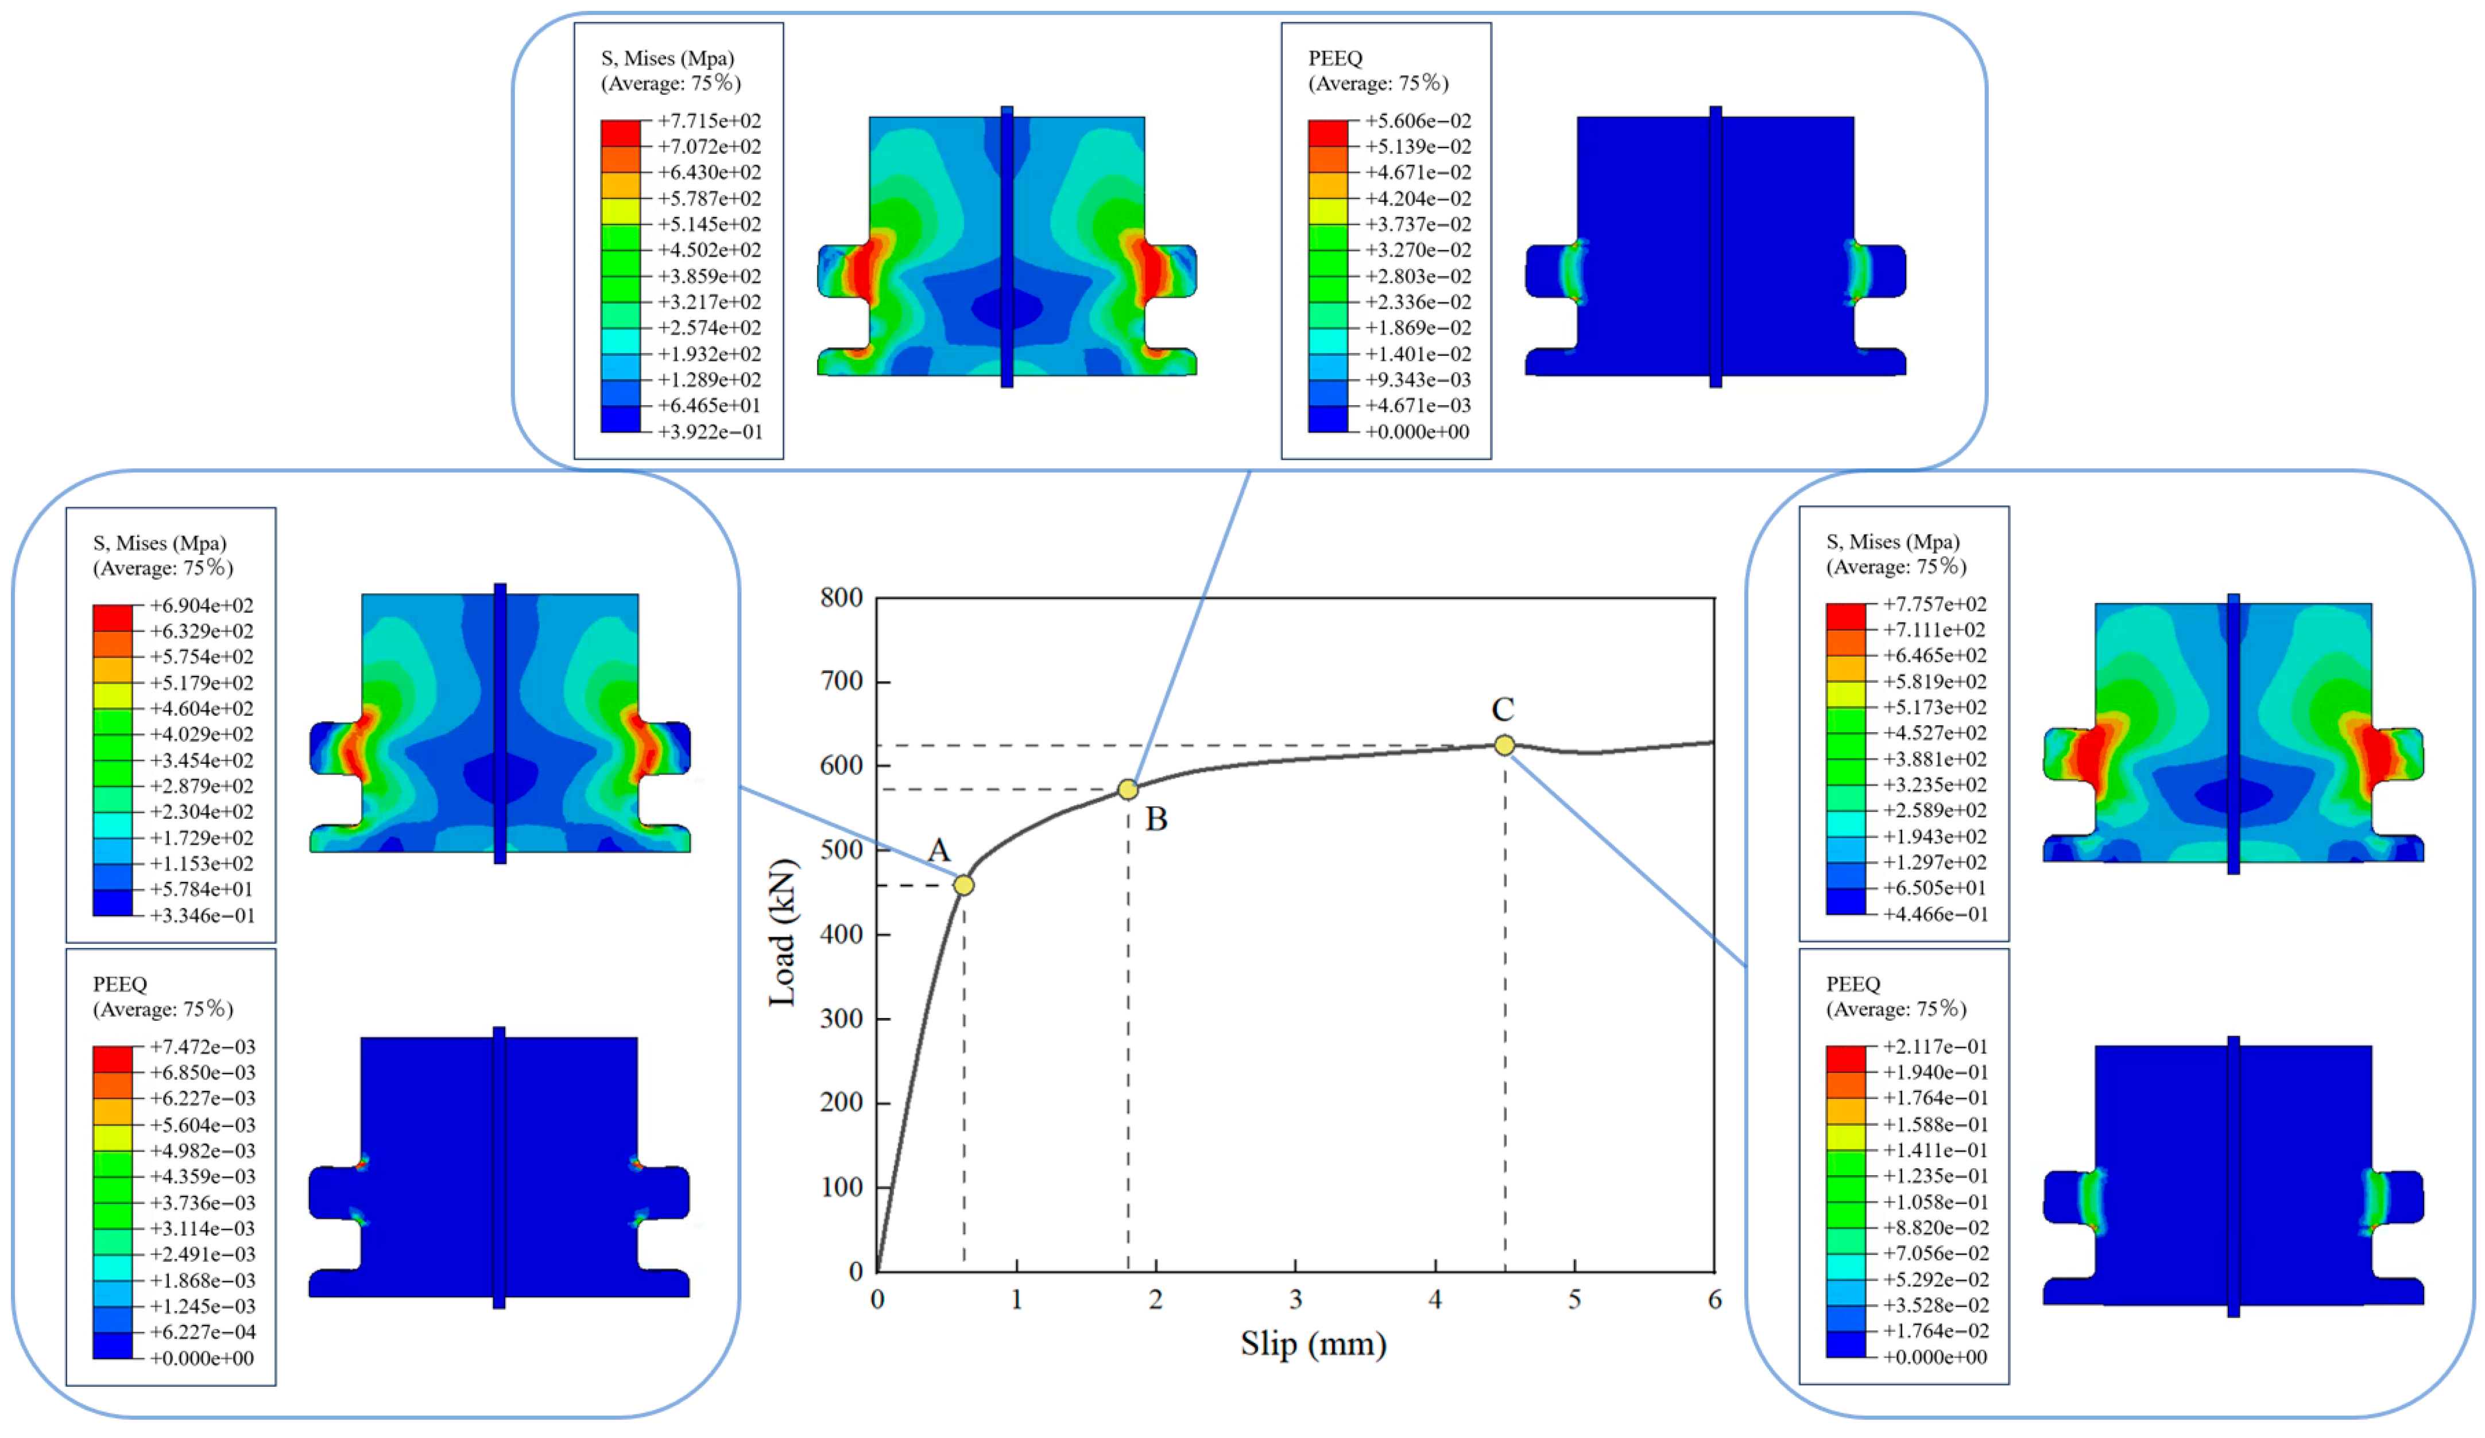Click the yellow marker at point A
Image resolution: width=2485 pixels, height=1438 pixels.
coord(963,885)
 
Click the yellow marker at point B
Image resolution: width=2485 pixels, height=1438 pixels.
coord(1128,790)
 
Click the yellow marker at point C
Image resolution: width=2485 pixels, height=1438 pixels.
coord(1504,745)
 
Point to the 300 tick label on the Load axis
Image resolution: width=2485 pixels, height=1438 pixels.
coord(841,1018)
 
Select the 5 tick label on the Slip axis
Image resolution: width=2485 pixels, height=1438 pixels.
coord(1575,1300)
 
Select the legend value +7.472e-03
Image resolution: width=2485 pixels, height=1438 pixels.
coord(202,1047)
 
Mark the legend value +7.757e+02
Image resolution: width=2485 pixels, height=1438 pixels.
coord(1935,604)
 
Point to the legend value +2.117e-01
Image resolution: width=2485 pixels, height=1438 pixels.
coord(1935,1047)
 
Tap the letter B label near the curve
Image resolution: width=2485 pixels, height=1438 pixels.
coord(1157,819)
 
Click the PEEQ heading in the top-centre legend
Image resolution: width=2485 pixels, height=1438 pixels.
coord(1334,58)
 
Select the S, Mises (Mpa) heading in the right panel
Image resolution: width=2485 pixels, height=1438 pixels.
coord(1892,542)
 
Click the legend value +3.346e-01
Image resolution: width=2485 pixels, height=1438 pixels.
coord(202,916)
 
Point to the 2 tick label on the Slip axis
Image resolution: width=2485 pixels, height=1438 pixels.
coord(1156,1300)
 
